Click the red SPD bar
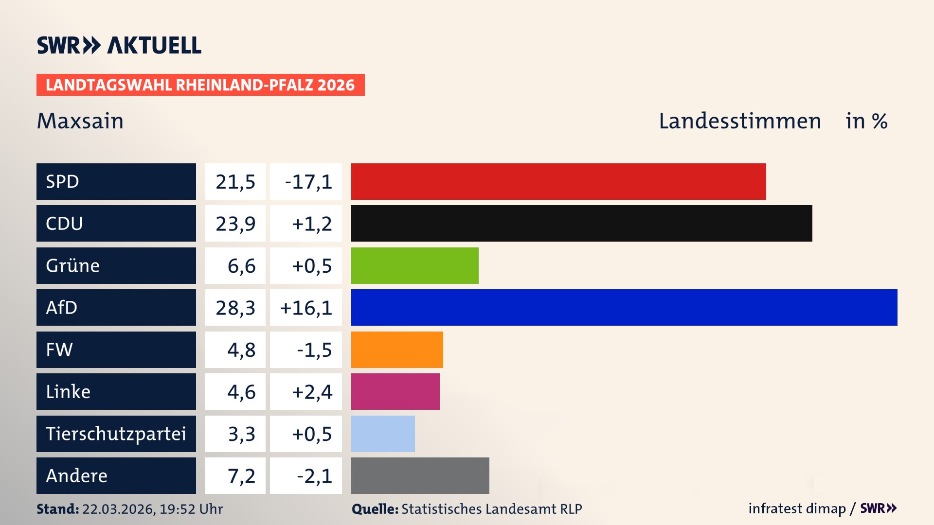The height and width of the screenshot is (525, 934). click(558, 181)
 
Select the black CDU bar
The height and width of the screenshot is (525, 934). click(581, 223)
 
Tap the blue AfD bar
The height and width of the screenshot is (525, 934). click(624, 307)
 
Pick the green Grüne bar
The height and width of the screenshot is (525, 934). click(414, 265)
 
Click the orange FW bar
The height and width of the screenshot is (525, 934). click(397, 350)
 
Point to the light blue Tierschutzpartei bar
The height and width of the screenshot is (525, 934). click(383, 434)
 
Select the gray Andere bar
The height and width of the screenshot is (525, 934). click(420, 475)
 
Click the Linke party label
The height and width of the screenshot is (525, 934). click(68, 392)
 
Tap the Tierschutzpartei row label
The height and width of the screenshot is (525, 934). click(116, 434)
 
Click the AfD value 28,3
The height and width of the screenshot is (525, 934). click(235, 308)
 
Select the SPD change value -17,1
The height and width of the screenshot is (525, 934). click(308, 182)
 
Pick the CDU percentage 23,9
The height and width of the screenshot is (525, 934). click(235, 224)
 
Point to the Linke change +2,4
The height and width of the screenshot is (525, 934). click(312, 392)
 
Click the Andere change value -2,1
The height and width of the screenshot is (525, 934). click(314, 476)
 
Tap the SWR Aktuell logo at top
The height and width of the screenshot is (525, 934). click(119, 45)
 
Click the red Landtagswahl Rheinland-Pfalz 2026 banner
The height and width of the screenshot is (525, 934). click(200, 85)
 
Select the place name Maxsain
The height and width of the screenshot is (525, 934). click(80, 121)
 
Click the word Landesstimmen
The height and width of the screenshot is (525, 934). click(739, 121)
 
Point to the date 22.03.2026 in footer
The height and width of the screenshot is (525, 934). click(117, 509)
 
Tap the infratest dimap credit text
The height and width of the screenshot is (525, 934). click(797, 508)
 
